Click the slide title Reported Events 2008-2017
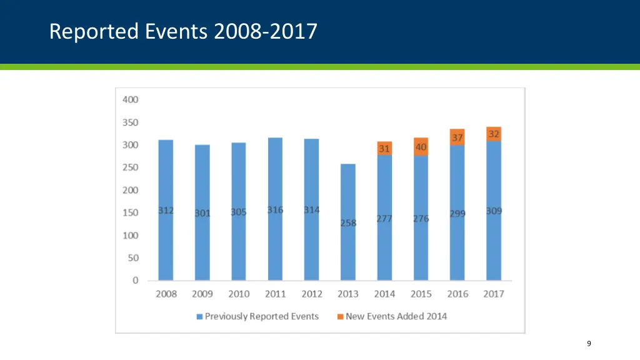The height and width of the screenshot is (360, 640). [x=183, y=31]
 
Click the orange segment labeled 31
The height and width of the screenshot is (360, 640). [x=384, y=148]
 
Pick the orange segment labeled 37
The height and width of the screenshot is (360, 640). [x=457, y=137]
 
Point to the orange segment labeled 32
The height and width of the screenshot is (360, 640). [x=494, y=134]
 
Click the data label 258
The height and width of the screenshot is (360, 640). [x=348, y=223]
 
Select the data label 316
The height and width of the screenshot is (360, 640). [x=275, y=210]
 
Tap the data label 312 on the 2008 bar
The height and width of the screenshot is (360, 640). [x=166, y=211]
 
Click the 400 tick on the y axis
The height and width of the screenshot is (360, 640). [x=130, y=99]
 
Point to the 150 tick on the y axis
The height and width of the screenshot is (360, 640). [x=130, y=212]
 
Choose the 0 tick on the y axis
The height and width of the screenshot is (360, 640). [x=135, y=281]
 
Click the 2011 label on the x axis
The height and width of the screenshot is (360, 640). [x=275, y=294]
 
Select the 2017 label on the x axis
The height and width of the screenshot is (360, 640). [x=494, y=294]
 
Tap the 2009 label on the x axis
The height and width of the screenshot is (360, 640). [x=202, y=294]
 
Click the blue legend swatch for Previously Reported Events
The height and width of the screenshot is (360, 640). [x=199, y=317]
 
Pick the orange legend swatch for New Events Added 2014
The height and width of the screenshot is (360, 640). [x=340, y=317]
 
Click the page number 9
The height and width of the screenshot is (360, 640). [x=589, y=343]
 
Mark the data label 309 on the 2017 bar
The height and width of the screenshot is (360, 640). [x=494, y=211]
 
